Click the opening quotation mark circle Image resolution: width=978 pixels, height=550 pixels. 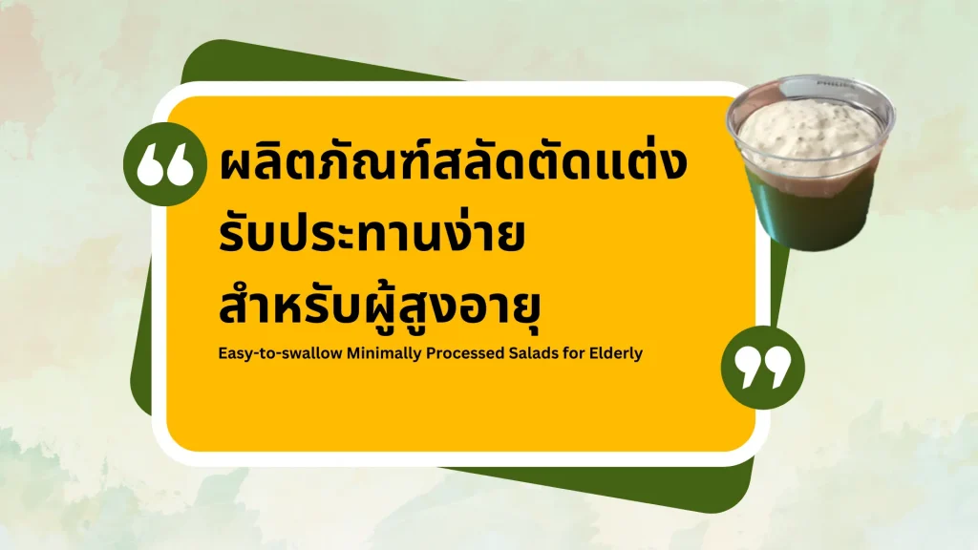(x=164, y=164)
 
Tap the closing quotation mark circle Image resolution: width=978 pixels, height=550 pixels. (x=763, y=368)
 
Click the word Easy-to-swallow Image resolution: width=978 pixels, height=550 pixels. (x=280, y=353)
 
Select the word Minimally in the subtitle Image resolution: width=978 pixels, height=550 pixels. (x=384, y=353)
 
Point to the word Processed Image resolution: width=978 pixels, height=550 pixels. (x=465, y=353)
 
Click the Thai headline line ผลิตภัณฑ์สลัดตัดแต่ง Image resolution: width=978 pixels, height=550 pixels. (x=453, y=162)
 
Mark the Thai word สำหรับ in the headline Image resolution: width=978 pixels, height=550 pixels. (x=290, y=306)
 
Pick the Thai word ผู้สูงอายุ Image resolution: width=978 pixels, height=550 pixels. (x=451, y=307)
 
